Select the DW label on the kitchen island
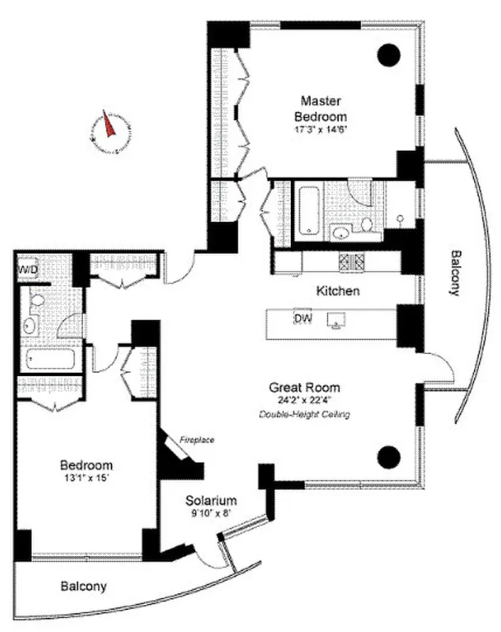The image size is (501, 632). (303, 318)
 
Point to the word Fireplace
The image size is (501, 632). (196, 440)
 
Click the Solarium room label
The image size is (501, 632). (211, 501)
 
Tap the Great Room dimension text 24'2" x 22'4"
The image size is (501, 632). (305, 401)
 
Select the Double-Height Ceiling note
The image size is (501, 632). (305, 414)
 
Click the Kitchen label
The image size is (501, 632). (338, 291)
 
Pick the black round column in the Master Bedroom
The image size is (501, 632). (388, 55)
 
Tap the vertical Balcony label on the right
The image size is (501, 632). (454, 273)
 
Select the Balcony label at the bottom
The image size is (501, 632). (84, 587)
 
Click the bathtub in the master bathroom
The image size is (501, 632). (308, 210)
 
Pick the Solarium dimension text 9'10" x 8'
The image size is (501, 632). (211, 514)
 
